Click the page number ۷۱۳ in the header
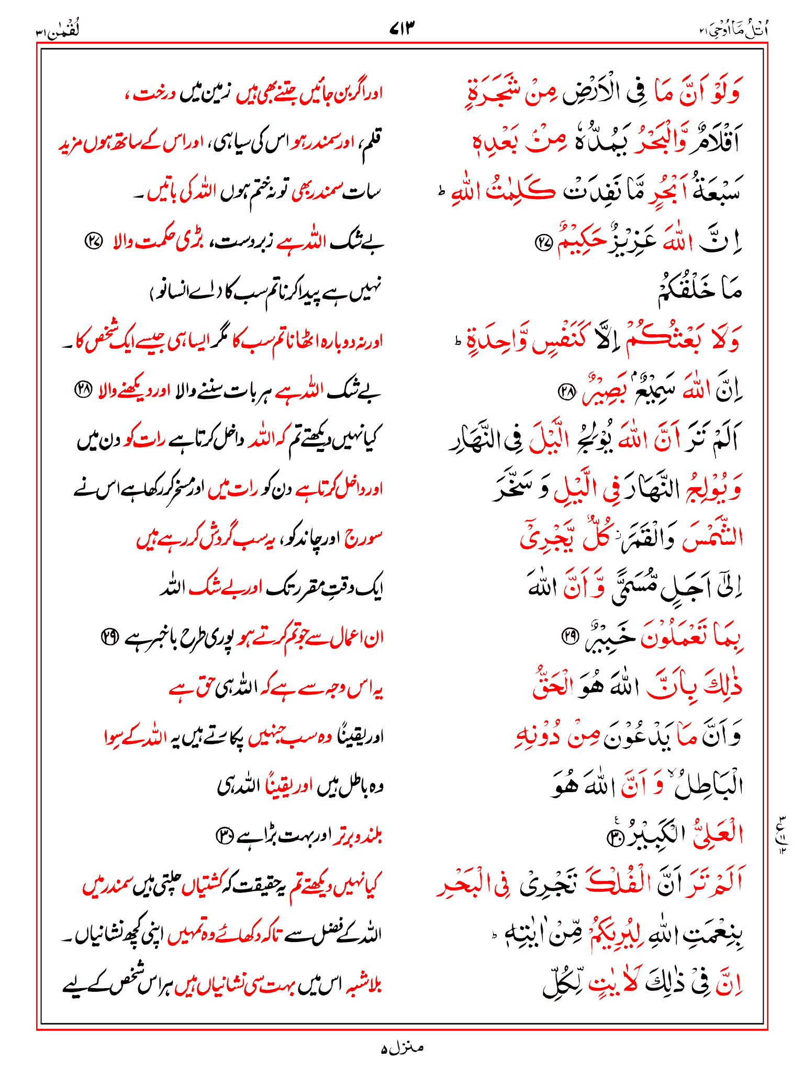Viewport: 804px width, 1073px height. point(402,28)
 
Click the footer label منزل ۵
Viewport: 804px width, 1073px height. point(402,1048)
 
